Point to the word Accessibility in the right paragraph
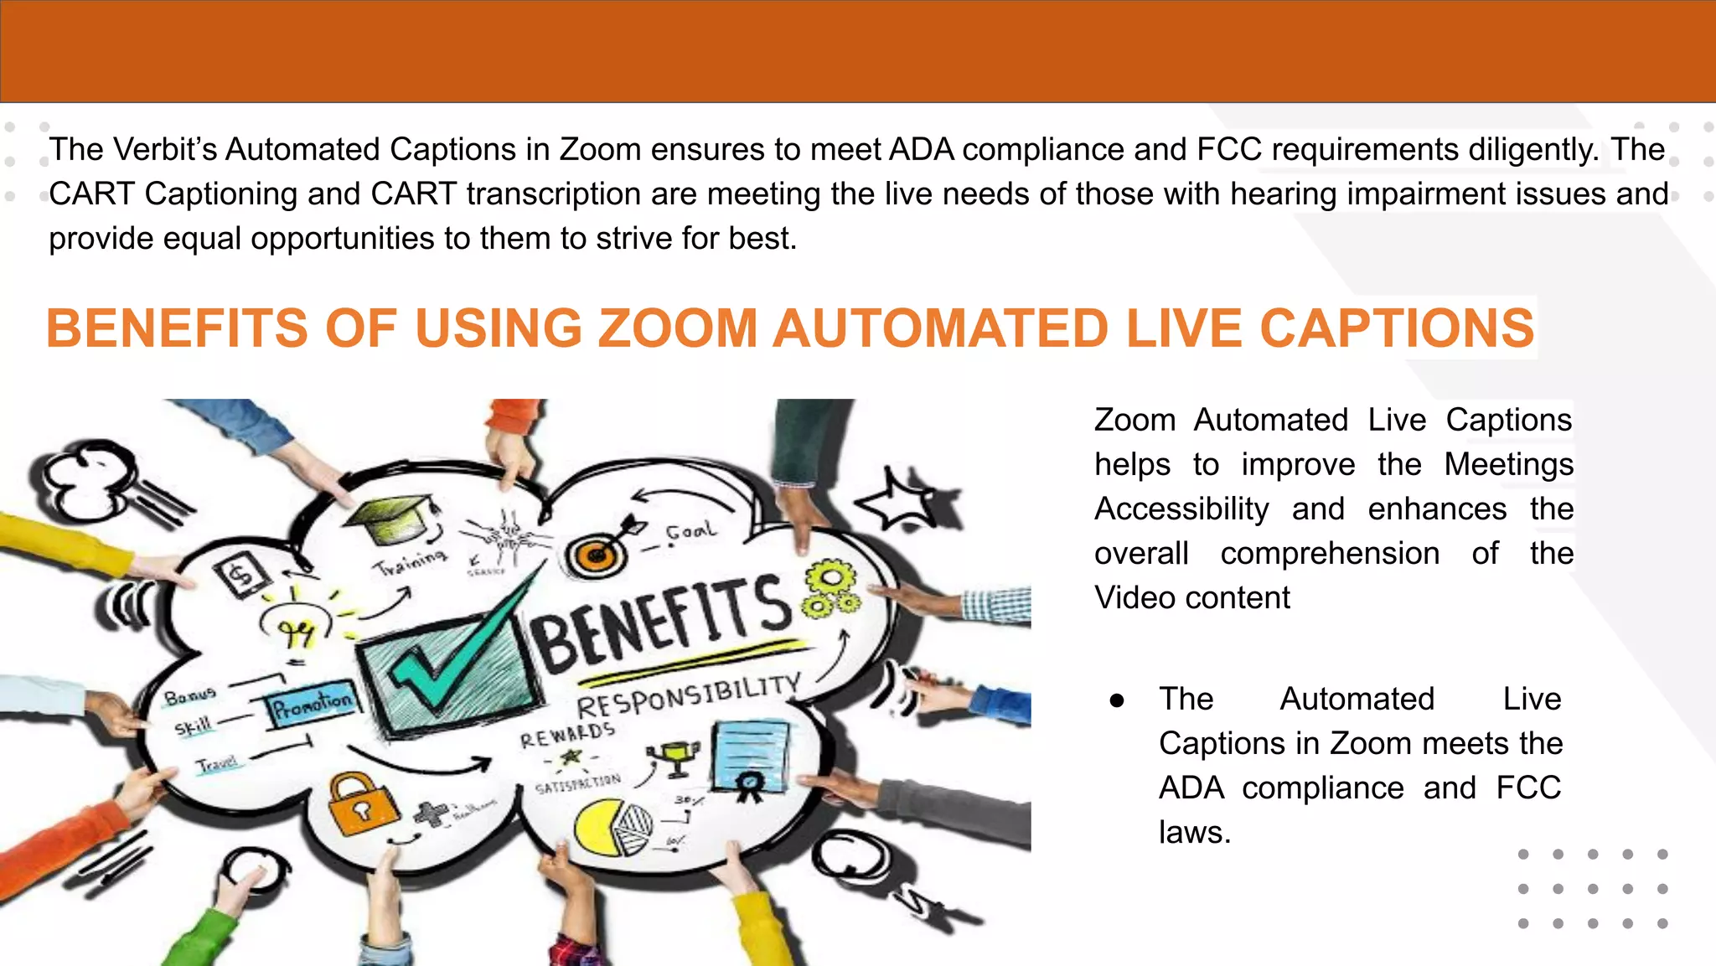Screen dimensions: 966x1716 point(1181,509)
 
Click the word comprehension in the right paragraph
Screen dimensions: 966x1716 point(1330,553)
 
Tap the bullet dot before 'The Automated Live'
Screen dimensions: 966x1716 point(1116,700)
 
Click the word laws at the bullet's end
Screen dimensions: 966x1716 point(1194,832)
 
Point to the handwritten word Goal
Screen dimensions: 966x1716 point(690,531)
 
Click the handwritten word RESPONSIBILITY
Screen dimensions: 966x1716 point(687,695)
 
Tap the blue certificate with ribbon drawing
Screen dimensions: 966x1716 point(751,758)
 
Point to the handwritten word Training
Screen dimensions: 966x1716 point(410,560)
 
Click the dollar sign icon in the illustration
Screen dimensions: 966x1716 point(241,576)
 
